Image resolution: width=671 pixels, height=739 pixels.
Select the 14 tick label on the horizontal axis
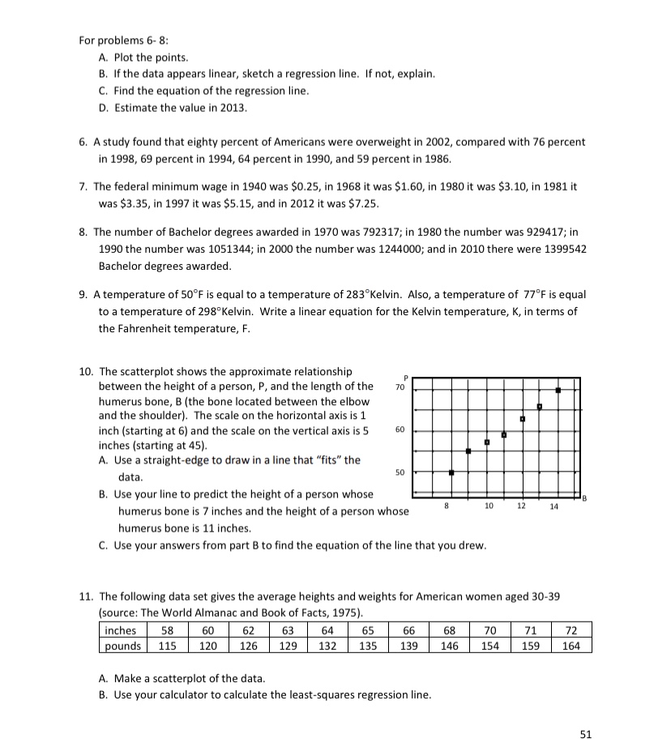pos(553,506)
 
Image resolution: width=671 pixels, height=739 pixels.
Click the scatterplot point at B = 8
pos(451,472)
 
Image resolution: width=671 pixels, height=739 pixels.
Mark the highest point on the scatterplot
pos(558,390)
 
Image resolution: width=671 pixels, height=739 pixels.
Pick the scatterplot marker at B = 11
pos(504,435)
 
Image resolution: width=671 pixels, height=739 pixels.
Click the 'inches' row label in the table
pos(120,630)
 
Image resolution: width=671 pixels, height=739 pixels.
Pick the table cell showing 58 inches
pos(167,630)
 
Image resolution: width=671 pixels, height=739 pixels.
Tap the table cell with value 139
pos(409,646)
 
